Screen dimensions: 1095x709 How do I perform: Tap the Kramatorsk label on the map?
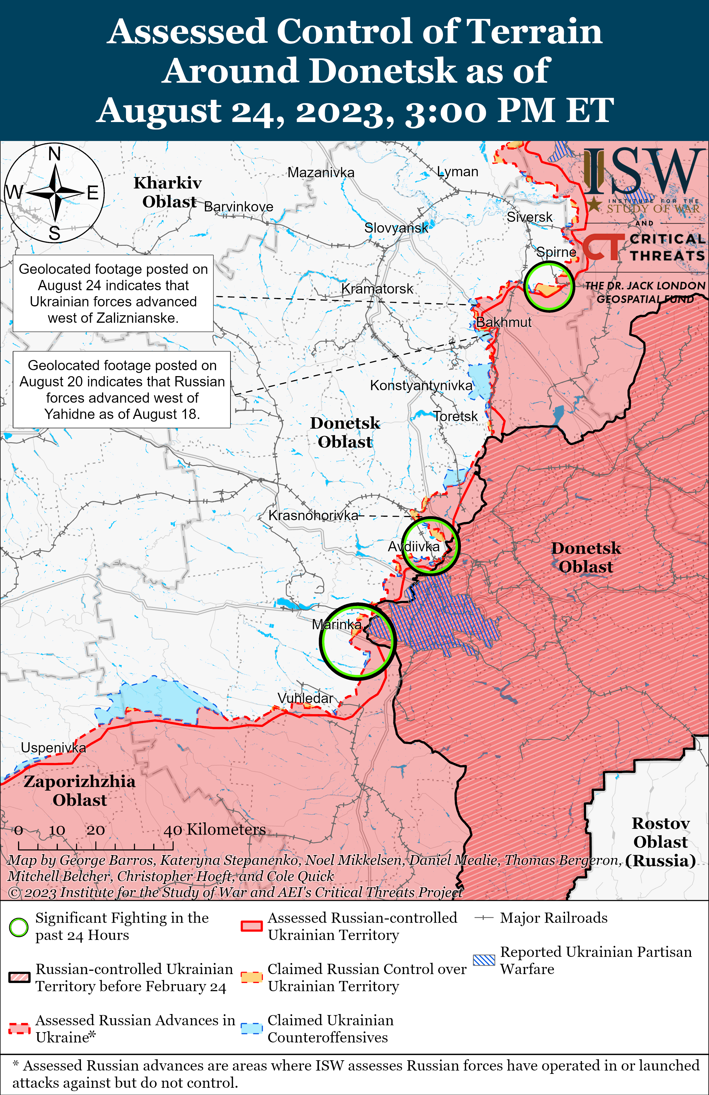[x=377, y=289]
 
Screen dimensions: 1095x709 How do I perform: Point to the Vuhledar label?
[x=305, y=698]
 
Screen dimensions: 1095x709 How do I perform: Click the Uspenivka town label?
[x=53, y=748]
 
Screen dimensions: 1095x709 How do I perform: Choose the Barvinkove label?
[x=238, y=207]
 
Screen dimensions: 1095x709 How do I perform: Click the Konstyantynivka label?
[x=421, y=385]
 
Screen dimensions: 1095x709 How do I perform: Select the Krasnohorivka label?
[x=313, y=515]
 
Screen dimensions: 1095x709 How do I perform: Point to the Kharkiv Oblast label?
[x=168, y=192]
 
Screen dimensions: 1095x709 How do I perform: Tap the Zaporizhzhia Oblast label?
[x=80, y=790]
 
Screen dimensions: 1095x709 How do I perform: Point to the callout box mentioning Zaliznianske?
[x=113, y=293]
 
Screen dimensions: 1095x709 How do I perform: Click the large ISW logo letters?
[x=644, y=172]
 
